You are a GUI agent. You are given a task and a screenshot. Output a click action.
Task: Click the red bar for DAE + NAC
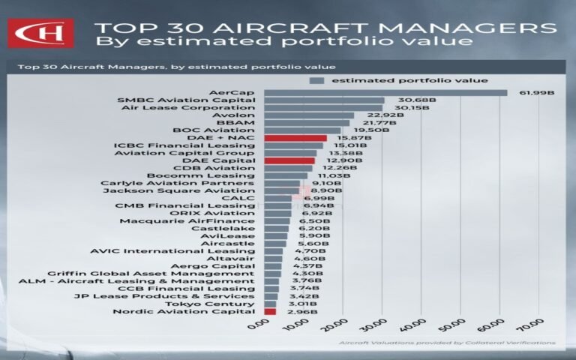point(295,138)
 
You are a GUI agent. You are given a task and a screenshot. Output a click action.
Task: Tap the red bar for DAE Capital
point(289,160)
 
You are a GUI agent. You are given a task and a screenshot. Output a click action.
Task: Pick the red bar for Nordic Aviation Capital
point(270,311)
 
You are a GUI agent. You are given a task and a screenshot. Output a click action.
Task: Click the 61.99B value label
point(538,92)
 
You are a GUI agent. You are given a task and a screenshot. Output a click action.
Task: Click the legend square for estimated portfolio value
point(318,80)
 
